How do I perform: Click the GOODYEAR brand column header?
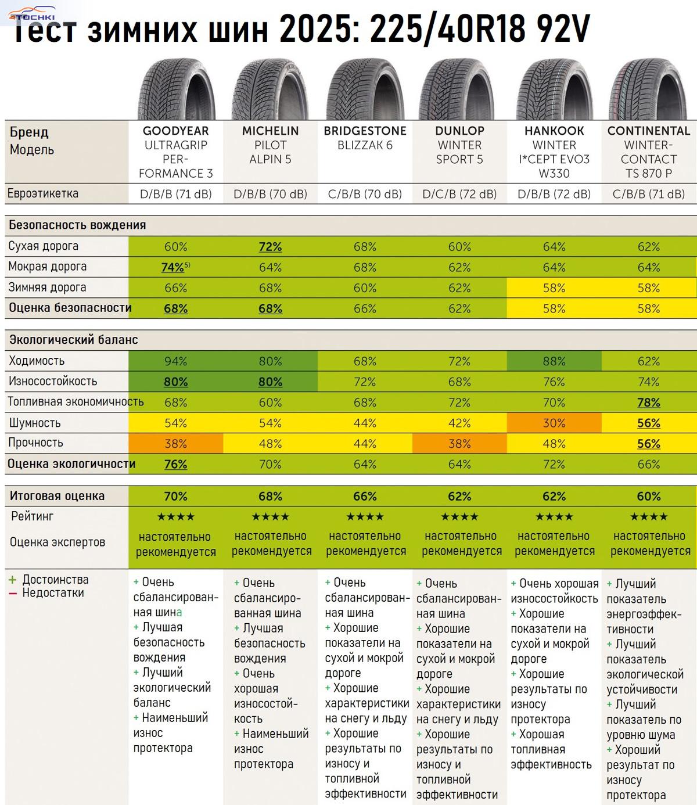[175, 131]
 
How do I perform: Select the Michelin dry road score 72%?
[270, 247]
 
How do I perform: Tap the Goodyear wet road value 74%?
[173, 267]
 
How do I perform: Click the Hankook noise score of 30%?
[554, 423]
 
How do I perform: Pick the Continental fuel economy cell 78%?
[649, 402]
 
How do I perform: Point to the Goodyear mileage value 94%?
[175, 361]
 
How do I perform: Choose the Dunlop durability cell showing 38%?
[459, 444]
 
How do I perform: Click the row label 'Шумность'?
[35, 423]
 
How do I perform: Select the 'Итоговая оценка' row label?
[57, 496]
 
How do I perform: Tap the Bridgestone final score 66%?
[365, 497]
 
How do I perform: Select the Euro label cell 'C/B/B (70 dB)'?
[365, 194]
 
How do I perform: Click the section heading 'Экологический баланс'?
[73, 340]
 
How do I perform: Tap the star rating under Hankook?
[554, 516]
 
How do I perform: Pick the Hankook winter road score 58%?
[554, 288]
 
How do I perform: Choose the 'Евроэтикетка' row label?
[43, 193]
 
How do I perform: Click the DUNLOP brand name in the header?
[459, 131]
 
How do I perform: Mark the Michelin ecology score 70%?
[270, 465]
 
